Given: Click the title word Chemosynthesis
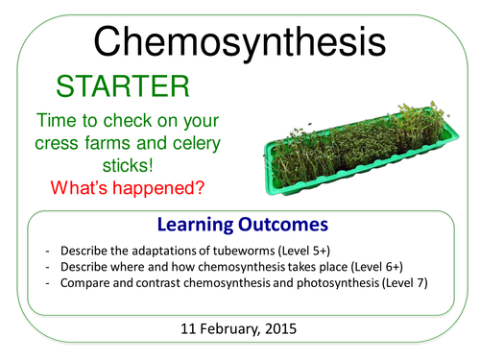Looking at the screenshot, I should click(x=240, y=41).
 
